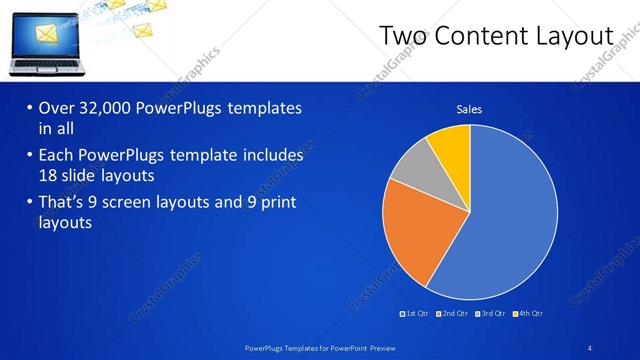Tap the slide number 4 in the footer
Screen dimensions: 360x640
590,347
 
